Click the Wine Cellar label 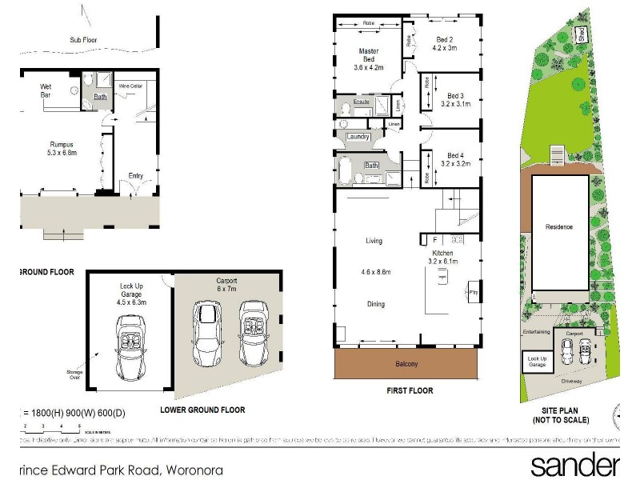(x=131, y=85)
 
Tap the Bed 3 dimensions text (x=456, y=104)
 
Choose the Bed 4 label (x=454, y=154)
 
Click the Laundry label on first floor (x=357, y=137)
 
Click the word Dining (x=375, y=304)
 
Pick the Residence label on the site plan (x=559, y=226)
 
